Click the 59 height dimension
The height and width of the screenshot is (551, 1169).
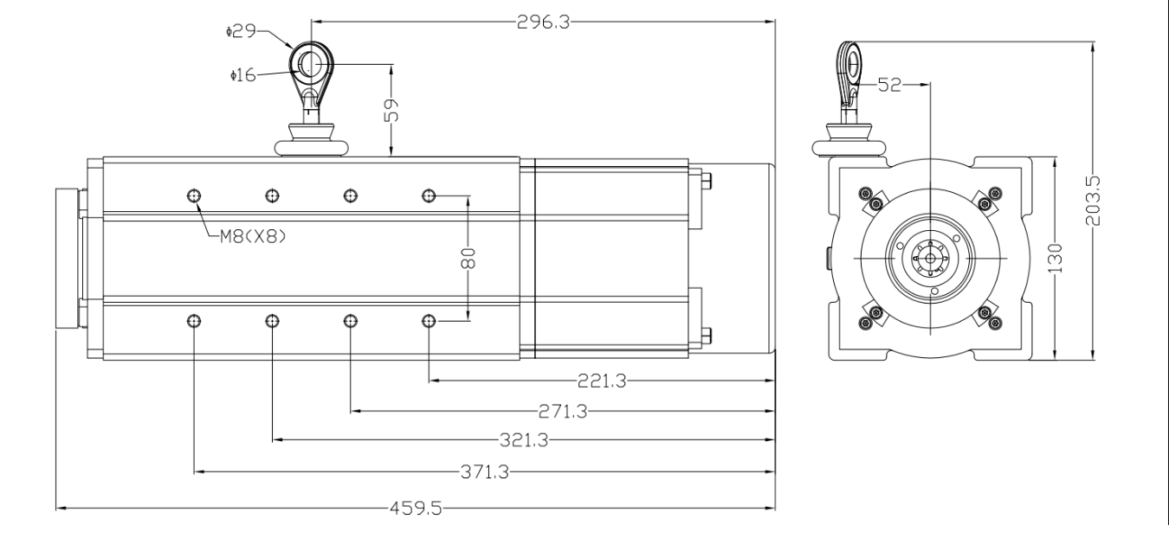(x=392, y=111)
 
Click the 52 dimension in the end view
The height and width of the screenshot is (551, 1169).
(x=889, y=84)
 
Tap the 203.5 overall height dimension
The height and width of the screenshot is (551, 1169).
(x=1094, y=201)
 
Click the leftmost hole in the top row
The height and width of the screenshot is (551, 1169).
(x=193, y=195)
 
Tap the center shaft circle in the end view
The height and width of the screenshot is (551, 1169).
(x=929, y=259)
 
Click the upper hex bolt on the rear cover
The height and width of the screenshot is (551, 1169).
(x=706, y=181)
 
